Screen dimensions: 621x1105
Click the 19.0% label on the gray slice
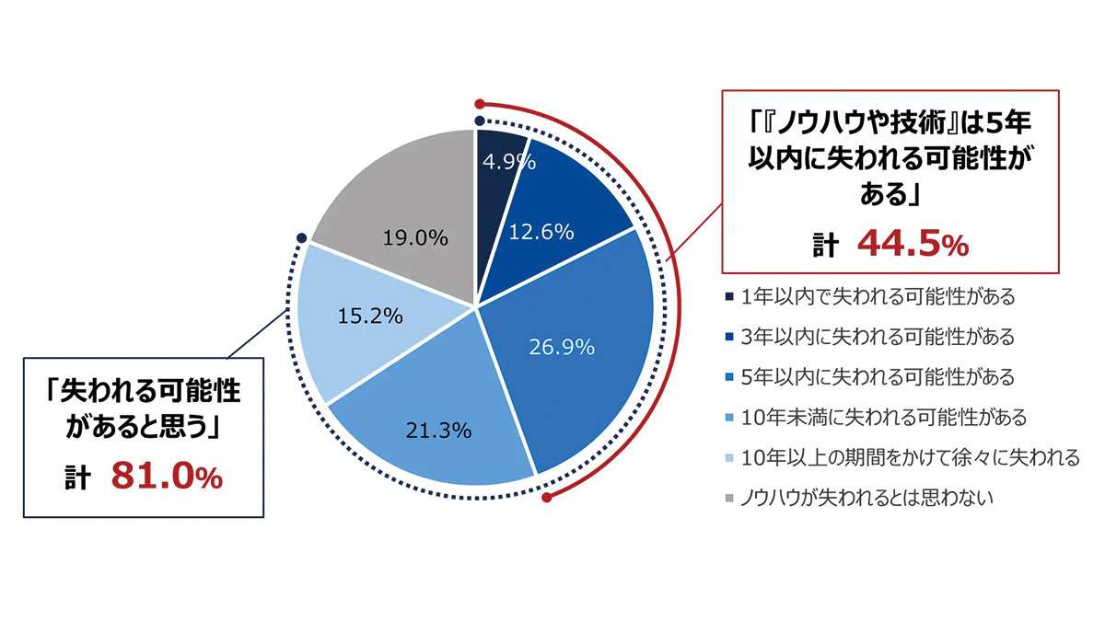point(415,237)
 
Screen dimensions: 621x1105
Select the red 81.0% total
point(167,477)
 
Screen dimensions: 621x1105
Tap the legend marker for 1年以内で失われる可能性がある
point(728,297)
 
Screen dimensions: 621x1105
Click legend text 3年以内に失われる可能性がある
point(877,338)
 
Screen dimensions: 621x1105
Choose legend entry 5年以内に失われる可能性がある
point(877,377)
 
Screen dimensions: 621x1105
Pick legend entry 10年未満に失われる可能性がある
point(883,418)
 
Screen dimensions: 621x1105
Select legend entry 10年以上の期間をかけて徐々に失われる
point(910,458)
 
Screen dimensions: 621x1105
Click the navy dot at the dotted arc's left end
point(301,238)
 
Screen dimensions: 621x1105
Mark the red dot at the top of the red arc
point(479,103)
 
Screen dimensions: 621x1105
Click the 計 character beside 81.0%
point(76,478)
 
